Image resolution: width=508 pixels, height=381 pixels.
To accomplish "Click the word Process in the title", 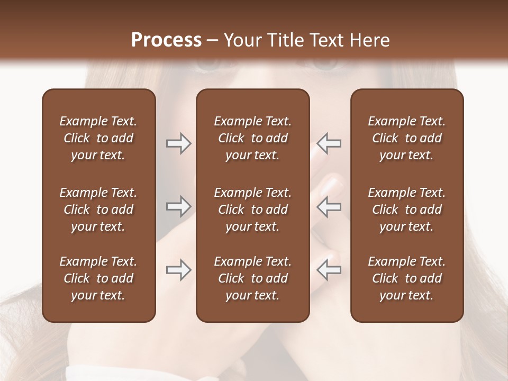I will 166,40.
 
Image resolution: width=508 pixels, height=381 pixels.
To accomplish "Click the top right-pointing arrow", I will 178,143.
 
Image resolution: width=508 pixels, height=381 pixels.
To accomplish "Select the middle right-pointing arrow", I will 178,206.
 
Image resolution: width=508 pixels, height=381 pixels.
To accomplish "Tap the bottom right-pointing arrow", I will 178,270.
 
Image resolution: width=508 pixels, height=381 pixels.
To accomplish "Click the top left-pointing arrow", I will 329,143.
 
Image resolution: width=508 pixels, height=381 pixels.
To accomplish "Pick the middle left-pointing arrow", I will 329,206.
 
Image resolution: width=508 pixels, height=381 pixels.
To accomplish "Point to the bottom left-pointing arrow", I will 329,270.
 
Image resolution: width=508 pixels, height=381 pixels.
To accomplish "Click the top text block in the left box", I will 98,138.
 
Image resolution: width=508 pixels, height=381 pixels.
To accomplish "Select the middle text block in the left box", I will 98,210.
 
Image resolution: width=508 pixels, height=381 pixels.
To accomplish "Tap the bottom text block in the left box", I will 98,278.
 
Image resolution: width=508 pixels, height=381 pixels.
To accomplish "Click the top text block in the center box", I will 252,138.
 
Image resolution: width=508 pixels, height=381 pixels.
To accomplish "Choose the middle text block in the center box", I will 252,210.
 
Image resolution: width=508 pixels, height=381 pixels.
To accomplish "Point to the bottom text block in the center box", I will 252,278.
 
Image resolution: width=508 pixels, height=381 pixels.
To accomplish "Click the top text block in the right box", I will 406,138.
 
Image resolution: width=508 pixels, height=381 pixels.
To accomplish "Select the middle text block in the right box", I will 406,210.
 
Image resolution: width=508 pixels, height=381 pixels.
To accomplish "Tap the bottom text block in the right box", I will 406,278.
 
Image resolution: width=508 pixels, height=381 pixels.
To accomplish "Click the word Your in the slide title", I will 241,40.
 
